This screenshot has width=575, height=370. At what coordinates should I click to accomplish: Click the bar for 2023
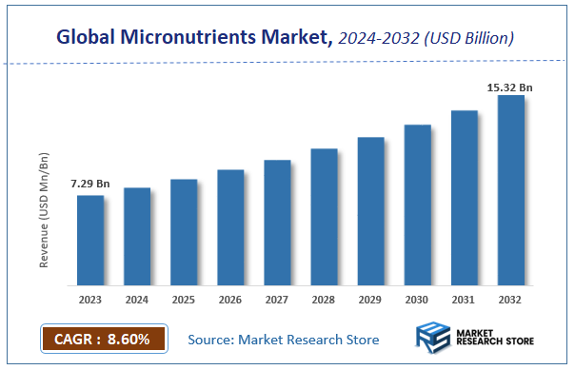[x=90, y=240]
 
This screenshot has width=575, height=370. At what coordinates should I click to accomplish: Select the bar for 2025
[x=184, y=232]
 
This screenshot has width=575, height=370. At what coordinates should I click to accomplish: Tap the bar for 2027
[x=277, y=223]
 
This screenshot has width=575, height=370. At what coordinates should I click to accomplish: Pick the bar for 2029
[x=370, y=211]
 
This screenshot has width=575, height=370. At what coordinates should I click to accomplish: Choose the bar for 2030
[x=417, y=204]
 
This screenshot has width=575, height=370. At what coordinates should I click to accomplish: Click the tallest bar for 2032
[x=510, y=190]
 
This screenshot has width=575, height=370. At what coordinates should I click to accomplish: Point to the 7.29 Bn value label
[x=89, y=182]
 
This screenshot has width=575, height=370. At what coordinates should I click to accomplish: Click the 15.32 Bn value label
[x=509, y=88]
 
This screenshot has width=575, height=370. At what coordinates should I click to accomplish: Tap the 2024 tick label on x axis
[x=137, y=300]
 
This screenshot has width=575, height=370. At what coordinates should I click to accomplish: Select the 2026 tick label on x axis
[x=230, y=300]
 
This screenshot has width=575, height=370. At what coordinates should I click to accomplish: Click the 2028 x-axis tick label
[x=324, y=300]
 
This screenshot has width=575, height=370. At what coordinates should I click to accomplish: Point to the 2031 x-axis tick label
[x=464, y=300]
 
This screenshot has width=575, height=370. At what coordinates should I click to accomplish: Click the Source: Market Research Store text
[x=283, y=340]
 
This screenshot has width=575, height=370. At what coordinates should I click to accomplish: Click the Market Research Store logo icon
[x=433, y=338]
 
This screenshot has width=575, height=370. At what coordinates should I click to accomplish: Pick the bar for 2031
[x=464, y=198]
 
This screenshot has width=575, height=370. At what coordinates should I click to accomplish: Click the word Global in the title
[x=87, y=38]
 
